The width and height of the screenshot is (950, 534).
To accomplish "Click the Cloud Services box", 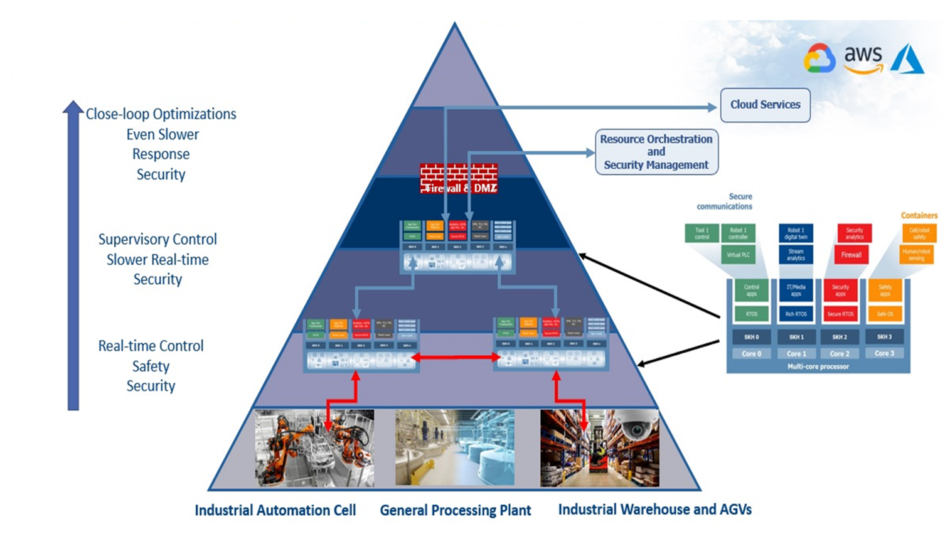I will click(x=765, y=105).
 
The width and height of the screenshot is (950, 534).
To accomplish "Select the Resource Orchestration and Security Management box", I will click(x=656, y=152).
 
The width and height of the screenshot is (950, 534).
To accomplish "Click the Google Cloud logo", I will click(x=819, y=59).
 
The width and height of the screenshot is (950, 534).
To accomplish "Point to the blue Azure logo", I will click(x=907, y=59).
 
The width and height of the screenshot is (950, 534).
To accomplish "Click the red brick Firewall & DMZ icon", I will click(x=459, y=179).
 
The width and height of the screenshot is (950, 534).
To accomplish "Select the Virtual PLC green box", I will click(x=738, y=255).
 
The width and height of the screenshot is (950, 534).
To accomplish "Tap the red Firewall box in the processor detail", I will click(x=851, y=255).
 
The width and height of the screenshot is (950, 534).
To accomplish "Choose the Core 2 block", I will click(x=840, y=353).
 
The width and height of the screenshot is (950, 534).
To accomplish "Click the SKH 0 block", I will click(x=751, y=337).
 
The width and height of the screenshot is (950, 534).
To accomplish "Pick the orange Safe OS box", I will click(x=885, y=314).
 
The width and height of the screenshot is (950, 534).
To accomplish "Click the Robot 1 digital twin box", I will click(x=796, y=233).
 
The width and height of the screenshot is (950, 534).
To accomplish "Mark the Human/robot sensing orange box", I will click(x=916, y=254).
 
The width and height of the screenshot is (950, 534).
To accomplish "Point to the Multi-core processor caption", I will click(x=818, y=366).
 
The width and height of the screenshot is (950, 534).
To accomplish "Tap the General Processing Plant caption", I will click(x=455, y=510).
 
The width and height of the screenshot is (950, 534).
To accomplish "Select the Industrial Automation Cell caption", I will click(x=275, y=510).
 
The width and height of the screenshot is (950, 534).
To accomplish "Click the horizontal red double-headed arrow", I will click(x=456, y=358).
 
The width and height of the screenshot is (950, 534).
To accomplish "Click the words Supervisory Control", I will click(x=157, y=239).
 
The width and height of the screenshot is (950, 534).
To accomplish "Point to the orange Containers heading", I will click(x=919, y=215).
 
